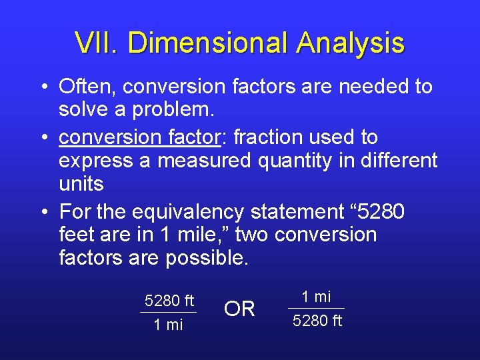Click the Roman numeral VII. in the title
point(97,43)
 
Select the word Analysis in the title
point(351,43)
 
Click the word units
point(81,184)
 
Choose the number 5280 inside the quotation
point(379,212)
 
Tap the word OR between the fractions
point(239,309)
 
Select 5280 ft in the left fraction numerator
point(169,301)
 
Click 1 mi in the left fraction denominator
point(168,325)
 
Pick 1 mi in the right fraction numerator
point(316,297)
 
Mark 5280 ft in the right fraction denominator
point(317,321)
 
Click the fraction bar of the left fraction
point(169,313)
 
